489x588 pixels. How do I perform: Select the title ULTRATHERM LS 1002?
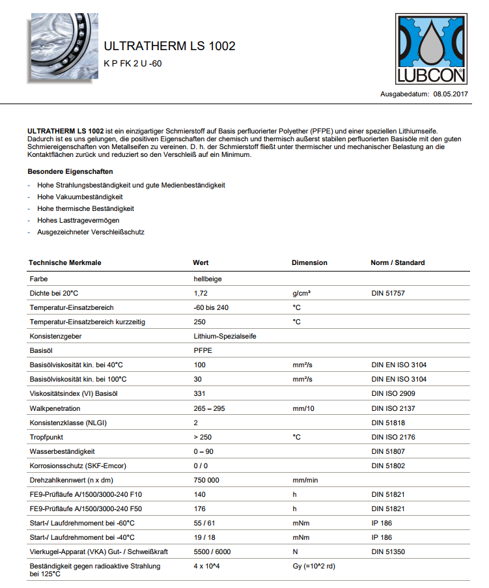[169, 46]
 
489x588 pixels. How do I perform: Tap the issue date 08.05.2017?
[452, 94]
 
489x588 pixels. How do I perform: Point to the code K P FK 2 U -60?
[132, 63]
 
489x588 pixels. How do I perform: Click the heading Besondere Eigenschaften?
[70, 172]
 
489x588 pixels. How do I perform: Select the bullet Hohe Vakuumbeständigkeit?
[80, 197]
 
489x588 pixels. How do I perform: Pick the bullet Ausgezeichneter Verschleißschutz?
[91, 232]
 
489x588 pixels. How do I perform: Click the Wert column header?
[201, 262]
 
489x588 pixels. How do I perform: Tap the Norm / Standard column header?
[397, 262]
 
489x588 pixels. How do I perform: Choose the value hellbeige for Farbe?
[208, 279]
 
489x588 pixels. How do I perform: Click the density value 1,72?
[201, 294]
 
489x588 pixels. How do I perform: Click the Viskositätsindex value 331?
[199, 394]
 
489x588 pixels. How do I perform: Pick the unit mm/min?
[305, 480]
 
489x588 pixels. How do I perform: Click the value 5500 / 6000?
[212, 552]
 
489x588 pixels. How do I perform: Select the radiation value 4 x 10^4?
[208, 566]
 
